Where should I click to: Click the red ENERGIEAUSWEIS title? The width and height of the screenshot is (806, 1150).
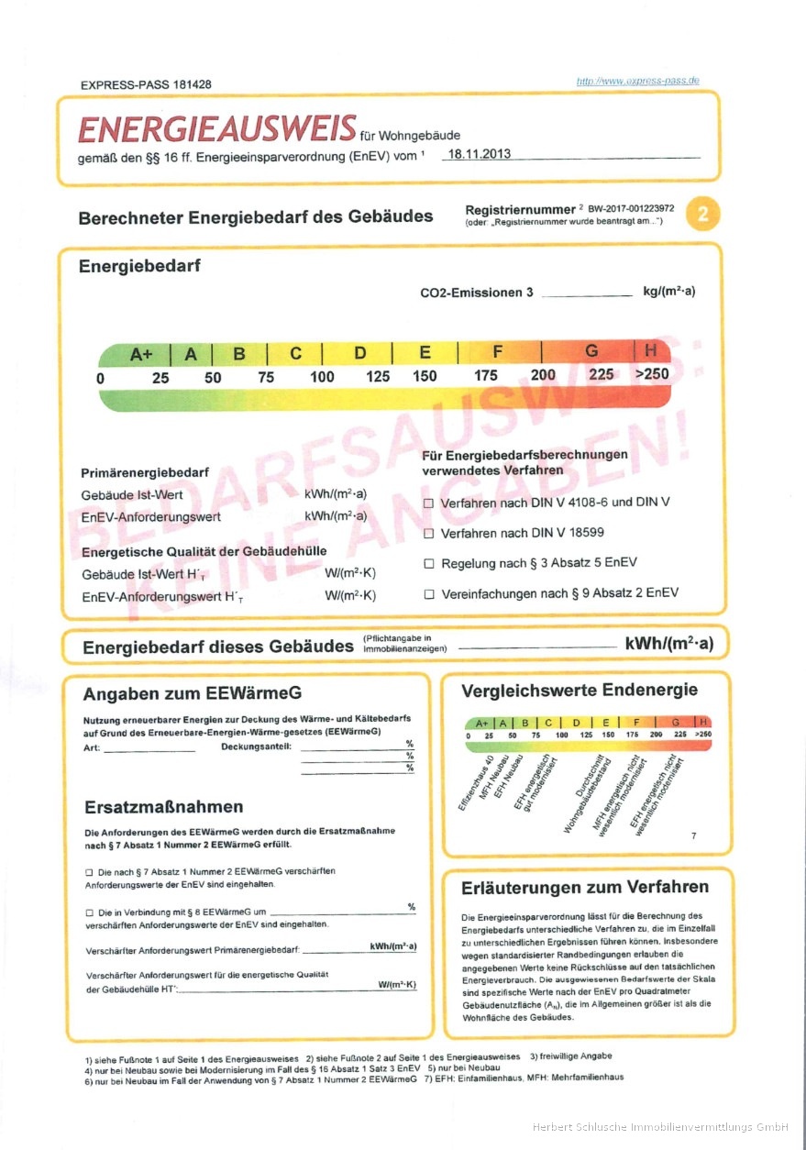pyautogui.click(x=216, y=129)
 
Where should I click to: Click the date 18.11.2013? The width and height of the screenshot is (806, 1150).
pyautogui.click(x=476, y=154)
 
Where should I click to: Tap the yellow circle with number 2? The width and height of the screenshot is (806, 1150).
pyautogui.click(x=702, y=215)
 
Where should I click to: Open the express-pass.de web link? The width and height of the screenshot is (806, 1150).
pyautogui.click(x=637, y=81)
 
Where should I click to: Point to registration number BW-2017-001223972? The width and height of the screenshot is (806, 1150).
pyautogui.click(x=631, y=209)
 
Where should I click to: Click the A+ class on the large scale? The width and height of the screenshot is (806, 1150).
pyautogui.click(x=141, y=353)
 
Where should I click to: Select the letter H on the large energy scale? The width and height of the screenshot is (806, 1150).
pyautogui.click(x=650, y=350)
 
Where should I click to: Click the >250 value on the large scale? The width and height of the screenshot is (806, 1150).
pyautogui.click(x=652, y=374)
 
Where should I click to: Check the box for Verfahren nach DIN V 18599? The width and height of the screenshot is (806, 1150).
pyautogui.click(x=428, y=533)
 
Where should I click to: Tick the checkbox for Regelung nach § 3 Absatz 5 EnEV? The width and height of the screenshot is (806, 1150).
pyautogui.click(x=428, y=563)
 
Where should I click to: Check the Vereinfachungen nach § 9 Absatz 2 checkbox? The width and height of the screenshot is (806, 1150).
pyautogui.click(x=428, y=593)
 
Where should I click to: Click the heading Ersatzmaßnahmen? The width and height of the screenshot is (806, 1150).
pyautogui.click(x=163, y=807)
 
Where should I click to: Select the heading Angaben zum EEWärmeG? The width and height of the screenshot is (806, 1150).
pyautogui.click(x=192, y=693)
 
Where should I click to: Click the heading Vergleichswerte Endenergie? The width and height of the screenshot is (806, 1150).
pyautogui.click(x=580, y=691)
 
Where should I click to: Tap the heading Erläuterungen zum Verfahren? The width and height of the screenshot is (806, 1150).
pyautogui.click(x=585, y=887)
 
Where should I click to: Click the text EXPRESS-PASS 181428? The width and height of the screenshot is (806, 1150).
pyautogui.click(x=146, y=84)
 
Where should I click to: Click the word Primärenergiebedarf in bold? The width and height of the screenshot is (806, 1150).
pyautogui.click(x=145, y=472)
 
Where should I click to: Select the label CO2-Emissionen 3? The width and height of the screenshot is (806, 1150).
pyautogui.click(x=476, y=293)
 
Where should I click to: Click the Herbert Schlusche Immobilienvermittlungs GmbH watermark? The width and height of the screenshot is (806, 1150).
pyautogui.click(x=660, y=1126)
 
